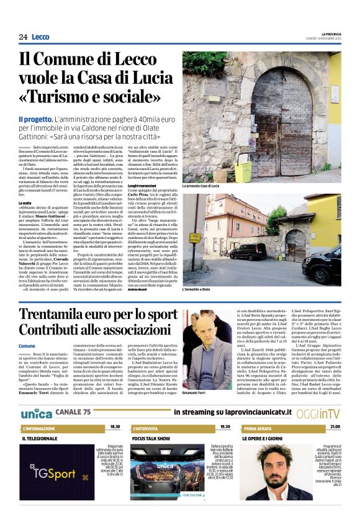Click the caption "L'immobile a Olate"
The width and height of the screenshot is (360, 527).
click(197, 290)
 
